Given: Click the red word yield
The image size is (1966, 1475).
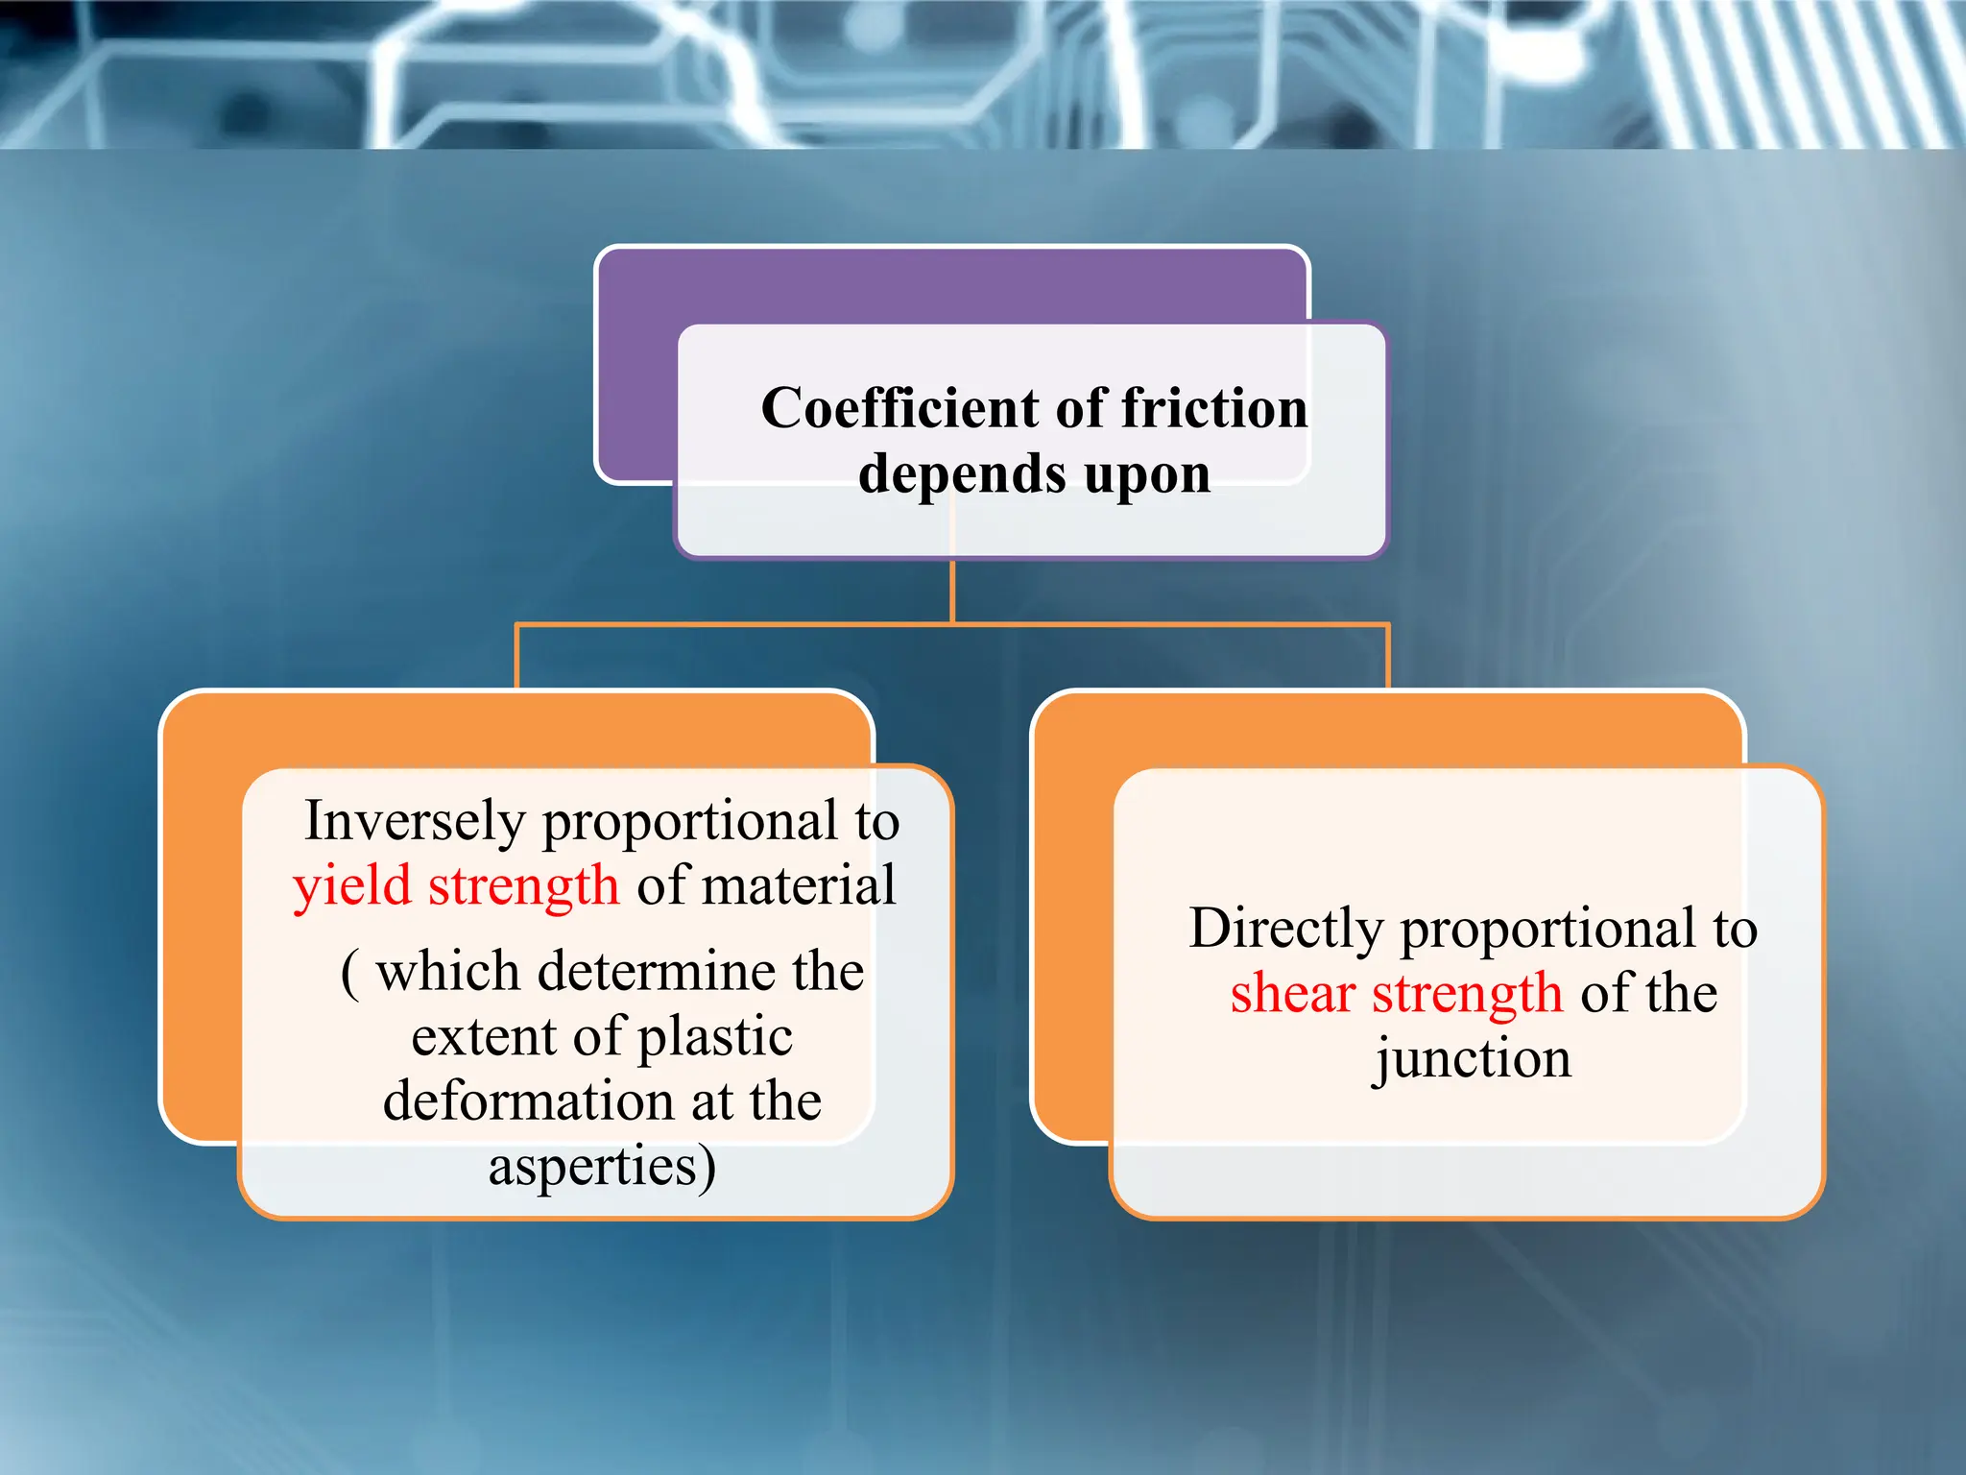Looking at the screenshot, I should pos(351,886).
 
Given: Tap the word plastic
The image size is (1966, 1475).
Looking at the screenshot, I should pos(715,1038).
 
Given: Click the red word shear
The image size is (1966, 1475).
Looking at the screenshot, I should pos(1292,994).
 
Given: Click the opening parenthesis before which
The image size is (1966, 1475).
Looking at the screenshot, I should pos(350,974).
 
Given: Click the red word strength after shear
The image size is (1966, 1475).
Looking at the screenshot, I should pos(1467,995).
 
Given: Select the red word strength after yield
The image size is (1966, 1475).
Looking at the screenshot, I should pos(523,886).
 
